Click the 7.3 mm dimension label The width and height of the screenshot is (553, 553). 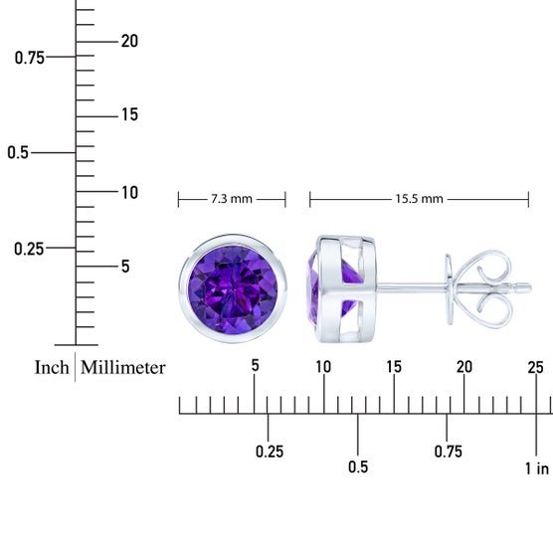[x=232, y=199]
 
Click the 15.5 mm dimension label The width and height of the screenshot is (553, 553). [x=419, y=199]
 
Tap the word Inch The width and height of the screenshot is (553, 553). [x=52, y=367]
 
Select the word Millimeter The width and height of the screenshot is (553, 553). [x=122, y=367]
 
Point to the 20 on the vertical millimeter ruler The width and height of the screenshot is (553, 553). [x=129, y=41]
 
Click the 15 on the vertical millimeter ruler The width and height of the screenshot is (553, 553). [x=129, y=114]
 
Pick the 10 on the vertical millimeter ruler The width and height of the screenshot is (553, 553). [x=129, y=193]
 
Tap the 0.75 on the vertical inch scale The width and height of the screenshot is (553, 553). [x=30, y=58]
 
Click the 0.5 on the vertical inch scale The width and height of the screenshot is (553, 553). [x=18, y=153]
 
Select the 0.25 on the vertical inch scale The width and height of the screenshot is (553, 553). [x=29, y=249]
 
